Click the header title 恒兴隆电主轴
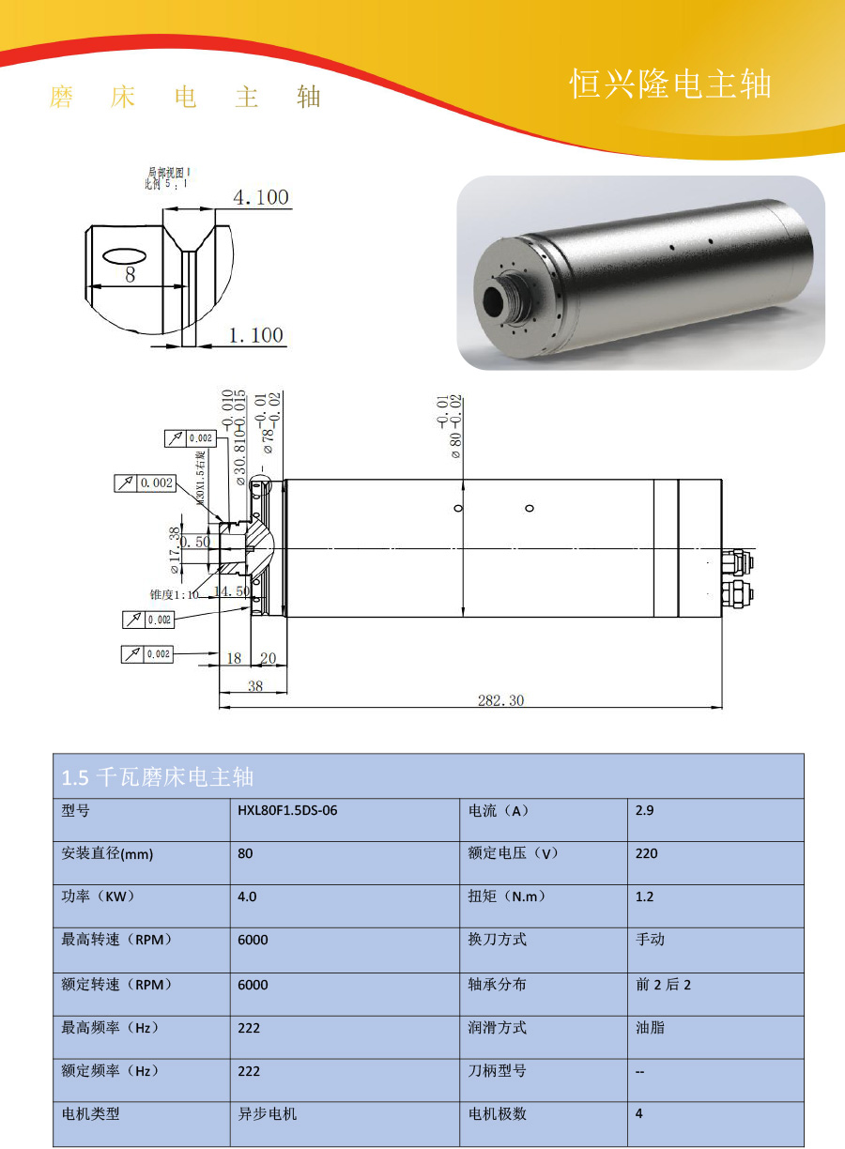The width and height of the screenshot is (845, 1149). coord(670,84)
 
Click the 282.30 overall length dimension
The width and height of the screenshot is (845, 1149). coord(501,700)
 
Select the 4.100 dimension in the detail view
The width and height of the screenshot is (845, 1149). coord(260,198)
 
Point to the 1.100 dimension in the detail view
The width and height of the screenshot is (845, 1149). coord(255,335)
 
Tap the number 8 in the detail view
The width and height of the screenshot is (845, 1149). coord(131,274)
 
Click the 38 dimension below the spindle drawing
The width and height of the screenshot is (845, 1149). coord(254,686)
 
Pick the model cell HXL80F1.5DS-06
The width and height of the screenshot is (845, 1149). coord(287,810)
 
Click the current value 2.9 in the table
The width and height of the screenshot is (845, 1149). coord(644,810)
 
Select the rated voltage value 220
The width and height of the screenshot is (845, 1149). coord(647,853)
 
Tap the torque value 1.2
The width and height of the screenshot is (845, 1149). coord(644,896)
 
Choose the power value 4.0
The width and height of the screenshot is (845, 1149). coord(247,896)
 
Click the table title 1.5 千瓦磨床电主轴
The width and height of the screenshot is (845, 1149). coord(158,777)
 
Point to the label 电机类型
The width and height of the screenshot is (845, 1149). coord(91,1113)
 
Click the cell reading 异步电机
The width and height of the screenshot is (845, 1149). coord(268,1113)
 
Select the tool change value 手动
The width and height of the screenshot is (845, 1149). coord(650,940)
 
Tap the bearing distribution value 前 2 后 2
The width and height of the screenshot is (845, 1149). coord(663,985)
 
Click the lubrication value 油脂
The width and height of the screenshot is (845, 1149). coord(650,1028)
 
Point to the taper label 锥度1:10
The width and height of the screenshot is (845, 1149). coord(175,594)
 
